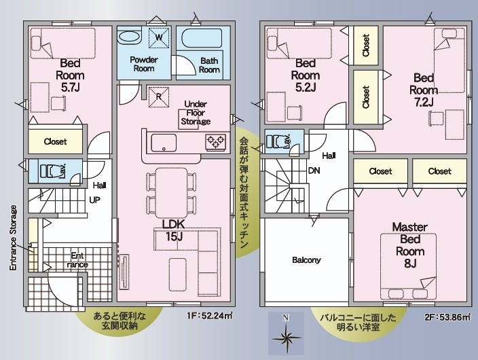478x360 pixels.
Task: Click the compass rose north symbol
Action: tap(286, 334)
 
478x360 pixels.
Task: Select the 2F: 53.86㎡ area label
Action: tap(447, 317)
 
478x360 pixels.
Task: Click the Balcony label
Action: tap(306, 260)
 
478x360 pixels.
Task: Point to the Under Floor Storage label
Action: tap(196, 113)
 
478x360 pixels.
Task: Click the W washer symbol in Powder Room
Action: tap(159, 37)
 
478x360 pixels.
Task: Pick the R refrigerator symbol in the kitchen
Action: tap(158, 96)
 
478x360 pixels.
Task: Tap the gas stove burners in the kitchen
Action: tap(216, 142)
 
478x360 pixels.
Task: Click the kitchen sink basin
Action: tap(164, 143)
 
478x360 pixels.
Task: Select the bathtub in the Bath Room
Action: tap(202, 38)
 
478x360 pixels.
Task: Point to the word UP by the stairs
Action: tap(95, 200)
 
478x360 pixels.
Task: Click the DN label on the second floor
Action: tap(314, 170)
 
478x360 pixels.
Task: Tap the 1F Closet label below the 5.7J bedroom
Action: tap(55, 141)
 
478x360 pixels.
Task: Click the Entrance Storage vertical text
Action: tap(13, 238)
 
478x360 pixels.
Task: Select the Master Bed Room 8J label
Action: tap(410, 245)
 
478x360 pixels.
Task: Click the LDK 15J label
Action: tap(173, 230)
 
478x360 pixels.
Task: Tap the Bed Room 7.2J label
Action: tap(424, 90)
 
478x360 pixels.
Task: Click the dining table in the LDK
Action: tap(171, 192)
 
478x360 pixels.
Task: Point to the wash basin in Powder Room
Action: tap(129, 37)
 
